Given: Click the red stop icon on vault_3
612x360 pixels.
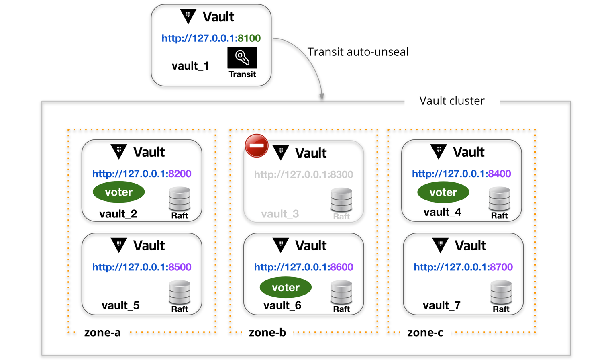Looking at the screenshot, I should (257, 145).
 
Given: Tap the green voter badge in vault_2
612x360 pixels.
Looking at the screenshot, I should (118, 192).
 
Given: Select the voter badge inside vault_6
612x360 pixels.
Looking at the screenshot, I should (286, 288).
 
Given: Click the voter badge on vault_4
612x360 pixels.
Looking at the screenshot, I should (443, 192).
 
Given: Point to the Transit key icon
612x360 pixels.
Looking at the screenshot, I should (242, 58).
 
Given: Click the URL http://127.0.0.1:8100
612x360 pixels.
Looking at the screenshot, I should (211, 38).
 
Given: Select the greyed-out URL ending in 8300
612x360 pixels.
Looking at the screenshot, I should (303, 174).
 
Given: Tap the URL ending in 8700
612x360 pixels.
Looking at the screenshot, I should (463, 267).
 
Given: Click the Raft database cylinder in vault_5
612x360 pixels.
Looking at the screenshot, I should (180, 292).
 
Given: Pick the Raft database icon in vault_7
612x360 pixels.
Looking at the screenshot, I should (501, 292).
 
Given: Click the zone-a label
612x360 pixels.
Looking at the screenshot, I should (102, 333).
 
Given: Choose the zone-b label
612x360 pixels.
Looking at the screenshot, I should (267, 333).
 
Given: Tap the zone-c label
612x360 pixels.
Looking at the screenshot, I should (425, 333).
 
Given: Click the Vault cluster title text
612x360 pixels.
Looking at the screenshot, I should (452, 101).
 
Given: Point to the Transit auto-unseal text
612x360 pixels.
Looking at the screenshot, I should (358, 52).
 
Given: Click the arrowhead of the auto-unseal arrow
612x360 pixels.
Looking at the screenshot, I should (322, 97).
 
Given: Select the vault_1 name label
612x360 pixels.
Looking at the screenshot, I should (190, 66).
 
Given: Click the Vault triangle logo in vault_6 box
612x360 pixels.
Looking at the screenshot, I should (280, 245).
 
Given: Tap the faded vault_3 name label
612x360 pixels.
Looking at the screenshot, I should (280, 214).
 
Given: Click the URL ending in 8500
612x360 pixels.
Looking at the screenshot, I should (142, 267).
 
